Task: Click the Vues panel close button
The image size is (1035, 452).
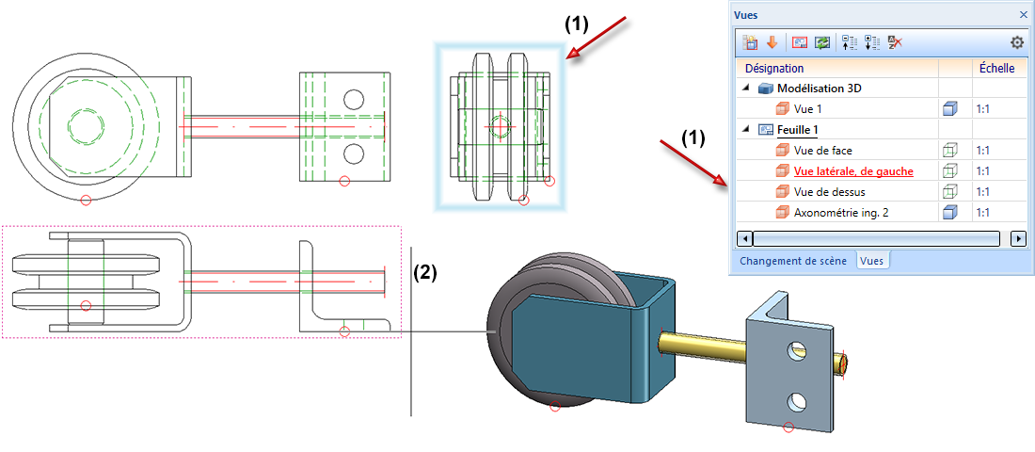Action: pyautogui.click(x=1023, y=15)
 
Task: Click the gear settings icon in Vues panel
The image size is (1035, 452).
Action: pyautogui.click(x=1016, y=42)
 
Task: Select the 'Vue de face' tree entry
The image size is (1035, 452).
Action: pyautogui.click(x=822, y=150)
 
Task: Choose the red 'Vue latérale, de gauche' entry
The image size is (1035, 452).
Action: pyautogui.click(x=852, y=170)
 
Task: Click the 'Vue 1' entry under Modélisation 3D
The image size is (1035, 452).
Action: pyautogui.click(x=808, y=109)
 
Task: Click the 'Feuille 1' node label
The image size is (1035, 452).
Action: pyautogui.click(x=804, y=129)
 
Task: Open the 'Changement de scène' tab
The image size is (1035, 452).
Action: pyautogui.click(x=792, y=261)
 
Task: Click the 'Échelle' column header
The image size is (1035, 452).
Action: pyautogui.click(x=996, y=68)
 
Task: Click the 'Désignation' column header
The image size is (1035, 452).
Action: pyautogui.click(x=774, y=68)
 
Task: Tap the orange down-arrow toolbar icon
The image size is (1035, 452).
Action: pyautogui.click(x=772, y=42)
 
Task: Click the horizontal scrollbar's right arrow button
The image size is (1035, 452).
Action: pyautogui.click(x=1017, y=238)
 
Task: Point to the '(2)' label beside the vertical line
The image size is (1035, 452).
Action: pyautogui.click(x=425, y=272)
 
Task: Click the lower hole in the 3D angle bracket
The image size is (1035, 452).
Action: pyautogui.click(x=798, y=402)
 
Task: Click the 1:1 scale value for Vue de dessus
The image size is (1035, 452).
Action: pyautogui.click(x=983, y=191)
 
